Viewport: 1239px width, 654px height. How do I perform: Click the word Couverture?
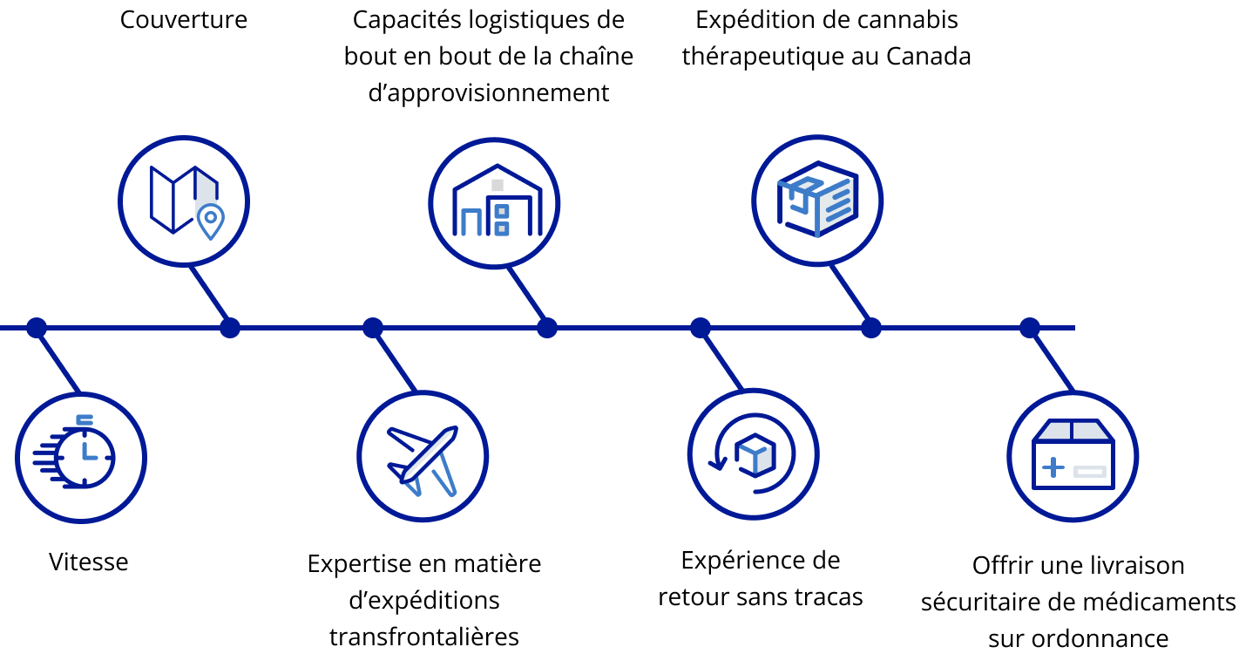point(184,20)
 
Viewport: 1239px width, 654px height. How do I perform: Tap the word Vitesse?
point(89,562)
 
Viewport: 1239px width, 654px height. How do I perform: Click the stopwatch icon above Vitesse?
point(74,452)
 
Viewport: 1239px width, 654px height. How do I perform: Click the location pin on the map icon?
point(211,221)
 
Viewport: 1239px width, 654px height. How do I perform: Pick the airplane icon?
point(423,460)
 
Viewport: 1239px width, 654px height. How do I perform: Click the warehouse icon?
point(498,200)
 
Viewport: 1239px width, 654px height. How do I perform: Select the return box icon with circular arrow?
point(752,453)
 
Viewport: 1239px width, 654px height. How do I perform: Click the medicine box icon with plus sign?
point(1073,454)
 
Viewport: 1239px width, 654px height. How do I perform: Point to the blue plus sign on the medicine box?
point(1053,467)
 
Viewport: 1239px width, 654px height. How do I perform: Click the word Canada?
point(929,57)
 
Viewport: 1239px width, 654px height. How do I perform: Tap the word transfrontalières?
point(424,637)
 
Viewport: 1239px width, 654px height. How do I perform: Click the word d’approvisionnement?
point(489,93)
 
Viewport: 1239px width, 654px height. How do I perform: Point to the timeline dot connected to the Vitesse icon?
point(37,328)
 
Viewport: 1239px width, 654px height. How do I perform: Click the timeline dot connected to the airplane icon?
point(373,328)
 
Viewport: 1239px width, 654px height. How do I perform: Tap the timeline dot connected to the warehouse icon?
point(547,328)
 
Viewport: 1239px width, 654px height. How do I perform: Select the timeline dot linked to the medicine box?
point(1029,328)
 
